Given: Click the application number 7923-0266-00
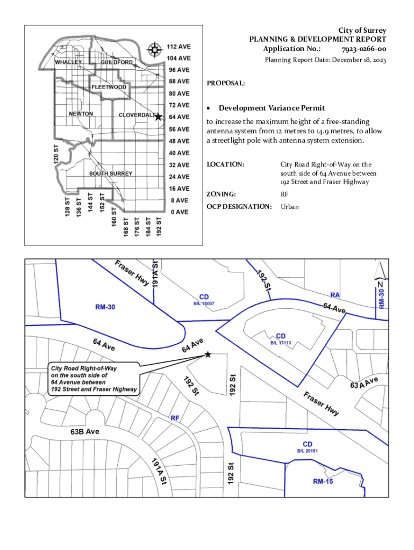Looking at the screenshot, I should [363, 49].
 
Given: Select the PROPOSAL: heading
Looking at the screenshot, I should [226, 84].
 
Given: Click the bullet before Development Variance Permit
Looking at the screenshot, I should [209, 108].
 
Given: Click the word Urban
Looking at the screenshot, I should [289, 207].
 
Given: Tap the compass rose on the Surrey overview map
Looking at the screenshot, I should [155, 50].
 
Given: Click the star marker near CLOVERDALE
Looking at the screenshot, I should [158, 117].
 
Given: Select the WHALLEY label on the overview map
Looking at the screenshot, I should [68, 62].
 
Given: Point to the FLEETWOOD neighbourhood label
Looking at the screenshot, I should [109, 87].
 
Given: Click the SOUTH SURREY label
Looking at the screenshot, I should [111, 173].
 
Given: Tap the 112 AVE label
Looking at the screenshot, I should [179, 46].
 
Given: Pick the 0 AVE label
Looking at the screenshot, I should [179, 212].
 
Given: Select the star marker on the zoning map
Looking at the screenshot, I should [208, 354].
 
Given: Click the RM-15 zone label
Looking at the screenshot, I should [323, 481].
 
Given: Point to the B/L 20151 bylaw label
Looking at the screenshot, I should [308, 451].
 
